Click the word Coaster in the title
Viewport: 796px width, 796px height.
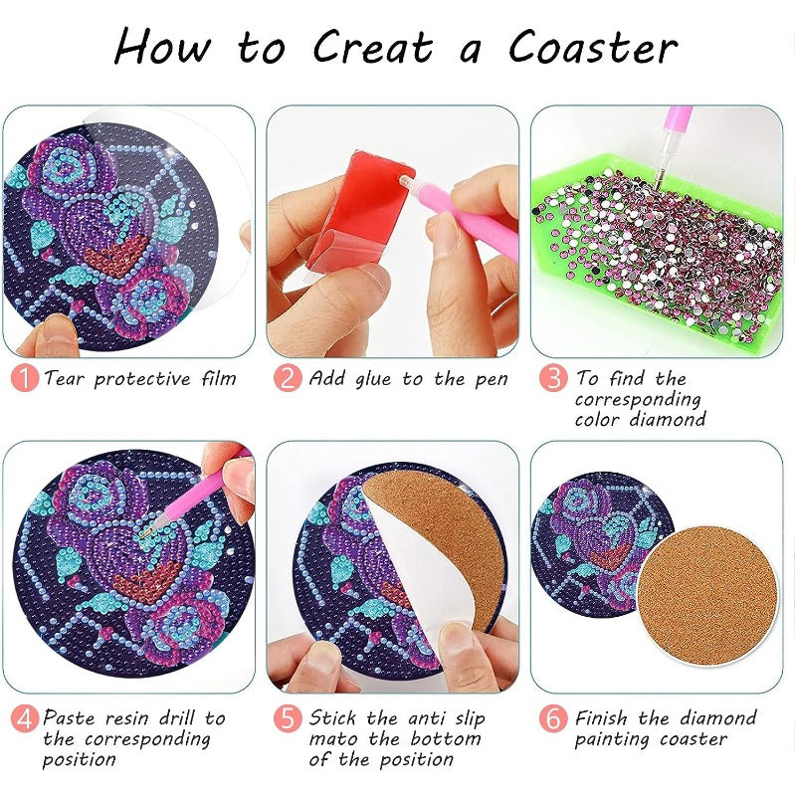[x=593, y=47]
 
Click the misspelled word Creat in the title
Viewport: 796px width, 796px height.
[x=373, y=47]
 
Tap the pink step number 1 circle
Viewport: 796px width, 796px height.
[x=25, y=379]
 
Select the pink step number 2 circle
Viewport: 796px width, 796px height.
[x=288, y=379]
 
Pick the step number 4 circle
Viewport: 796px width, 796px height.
[x=25, y=718]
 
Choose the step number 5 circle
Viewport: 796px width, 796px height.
[x=288, y=718]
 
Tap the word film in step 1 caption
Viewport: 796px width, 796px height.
[x=218, y=379]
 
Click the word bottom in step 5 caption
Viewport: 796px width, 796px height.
[x=445, y=738]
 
